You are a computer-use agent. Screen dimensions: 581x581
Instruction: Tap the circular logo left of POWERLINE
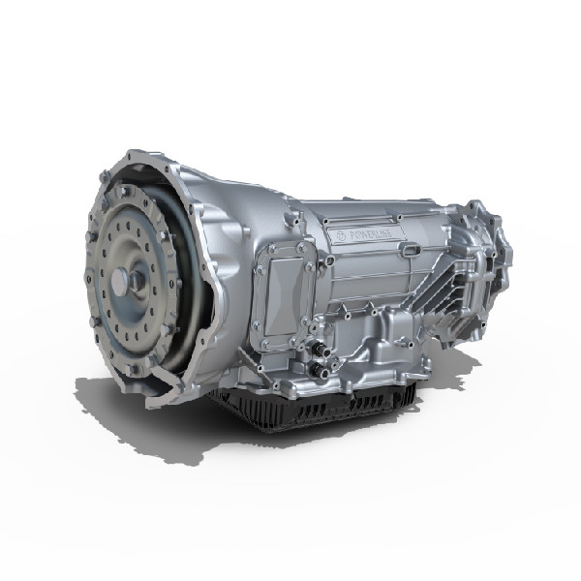click(x=333, y=235)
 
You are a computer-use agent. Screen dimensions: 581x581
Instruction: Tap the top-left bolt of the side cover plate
click(x=268, y=250)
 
